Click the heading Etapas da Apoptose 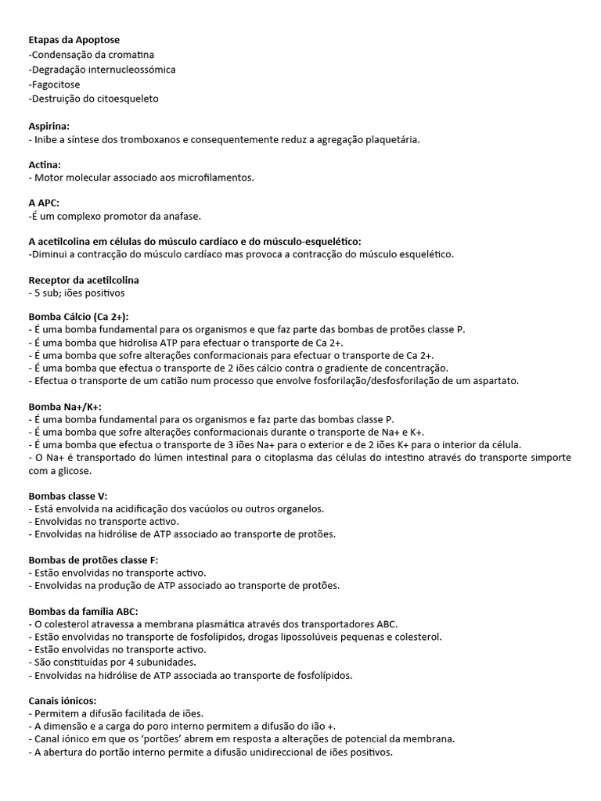[74, 40]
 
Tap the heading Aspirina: [49, 125]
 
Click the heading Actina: [45, 164]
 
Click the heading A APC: [44, 203]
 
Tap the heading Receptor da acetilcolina [84, 279]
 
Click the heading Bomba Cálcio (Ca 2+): [78, 316]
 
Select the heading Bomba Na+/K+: [65, 407]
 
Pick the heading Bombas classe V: [68, 496]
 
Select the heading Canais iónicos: [63, 700]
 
